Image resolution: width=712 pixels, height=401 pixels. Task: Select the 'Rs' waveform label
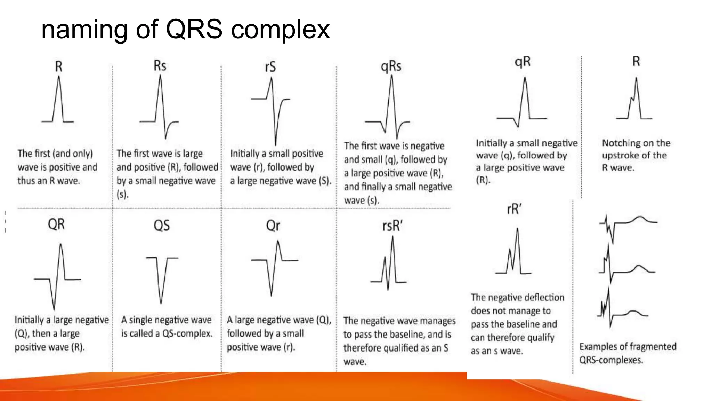click(x=160, y=65)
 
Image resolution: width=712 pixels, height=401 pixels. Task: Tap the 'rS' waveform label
click(x=270, y=66)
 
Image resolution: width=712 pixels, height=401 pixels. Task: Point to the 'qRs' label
click(x=391, y=66)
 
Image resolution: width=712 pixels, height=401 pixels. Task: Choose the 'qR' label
click(x=523, y=62)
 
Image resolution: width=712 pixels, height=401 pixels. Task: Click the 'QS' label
click(x=162, y=226)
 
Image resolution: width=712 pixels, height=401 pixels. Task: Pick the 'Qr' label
click(x=273, y=226)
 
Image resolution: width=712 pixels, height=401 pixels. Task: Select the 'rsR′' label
click(x=392, y=226)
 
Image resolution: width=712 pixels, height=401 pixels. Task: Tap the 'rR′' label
click(x=514, y=209)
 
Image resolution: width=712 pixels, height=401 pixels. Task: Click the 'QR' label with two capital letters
click(x=56, y=224)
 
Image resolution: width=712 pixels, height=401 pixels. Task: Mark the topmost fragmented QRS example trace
click(x=626, y=225)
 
